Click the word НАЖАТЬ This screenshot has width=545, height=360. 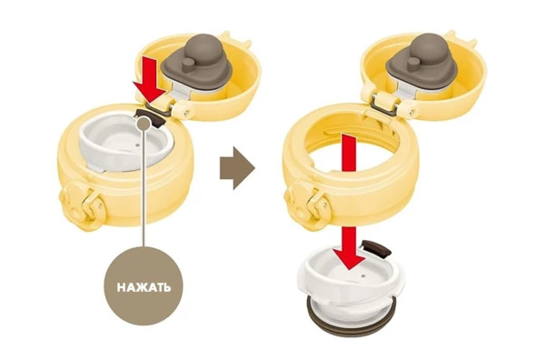[x=144, y=284]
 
